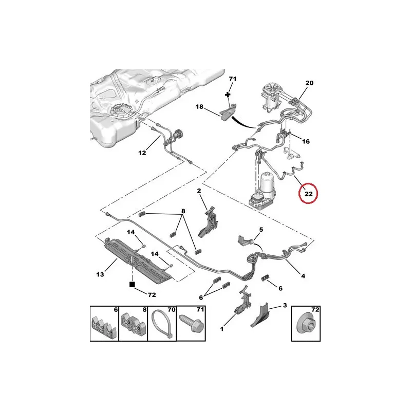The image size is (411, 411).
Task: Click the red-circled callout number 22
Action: [309, 194]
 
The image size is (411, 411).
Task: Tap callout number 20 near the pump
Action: [309, 83]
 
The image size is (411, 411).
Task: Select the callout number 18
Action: [199, 107]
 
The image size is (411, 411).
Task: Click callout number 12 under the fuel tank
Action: [142, 153]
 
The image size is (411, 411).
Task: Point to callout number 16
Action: [306, 142]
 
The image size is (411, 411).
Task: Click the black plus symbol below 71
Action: [228, 95]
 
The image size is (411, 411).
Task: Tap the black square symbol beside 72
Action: [132, 285]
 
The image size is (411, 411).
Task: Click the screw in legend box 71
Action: [191, 324]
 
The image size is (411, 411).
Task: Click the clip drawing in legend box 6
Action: [104, 327]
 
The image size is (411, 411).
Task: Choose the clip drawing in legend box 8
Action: [133, 326]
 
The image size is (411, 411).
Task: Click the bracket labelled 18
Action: [228, 113]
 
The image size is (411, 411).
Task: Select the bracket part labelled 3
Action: [260, 315]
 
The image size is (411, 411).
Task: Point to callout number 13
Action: [100, 274]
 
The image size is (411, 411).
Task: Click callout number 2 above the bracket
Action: [199, 191]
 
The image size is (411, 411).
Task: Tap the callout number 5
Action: [261, 230]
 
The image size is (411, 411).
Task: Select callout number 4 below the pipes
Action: [303, 276]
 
